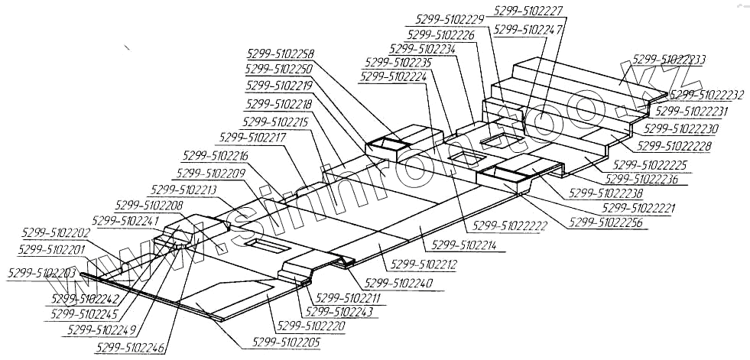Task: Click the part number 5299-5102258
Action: [281, 54]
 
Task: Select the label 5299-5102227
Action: [529, 11]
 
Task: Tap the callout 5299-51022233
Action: [669, 60]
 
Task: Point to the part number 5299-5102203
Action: [42, 273]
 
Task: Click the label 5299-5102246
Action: [131, 347]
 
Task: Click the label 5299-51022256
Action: [606, 223]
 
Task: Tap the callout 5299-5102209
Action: [210, 174]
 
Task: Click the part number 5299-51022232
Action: [708, 96]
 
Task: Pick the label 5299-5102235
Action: [398, 63]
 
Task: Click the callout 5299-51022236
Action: [648, 179]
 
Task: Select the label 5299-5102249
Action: [102, 329]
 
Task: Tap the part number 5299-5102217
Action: [252, 138]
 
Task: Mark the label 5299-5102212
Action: [424, 265]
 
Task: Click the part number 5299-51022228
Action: [674, 145]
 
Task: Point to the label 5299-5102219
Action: [280, 86]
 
